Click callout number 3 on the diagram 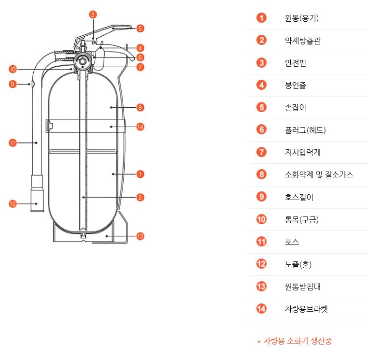pos(93,14)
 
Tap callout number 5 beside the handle pos(140,29)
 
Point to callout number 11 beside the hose pos(13,143)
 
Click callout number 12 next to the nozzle pos(13,204)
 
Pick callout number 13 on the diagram pos(140,236)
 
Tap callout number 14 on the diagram pos(140,127)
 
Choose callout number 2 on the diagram pos(140,197)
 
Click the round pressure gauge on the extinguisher pos(83,61)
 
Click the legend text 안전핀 pos(296,63)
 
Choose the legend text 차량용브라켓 pos(306,309)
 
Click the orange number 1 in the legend pos(261,18)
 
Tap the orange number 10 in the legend pos(261,219)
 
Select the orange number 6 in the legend pos(261,130)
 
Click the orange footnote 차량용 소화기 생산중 pos(295,341)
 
